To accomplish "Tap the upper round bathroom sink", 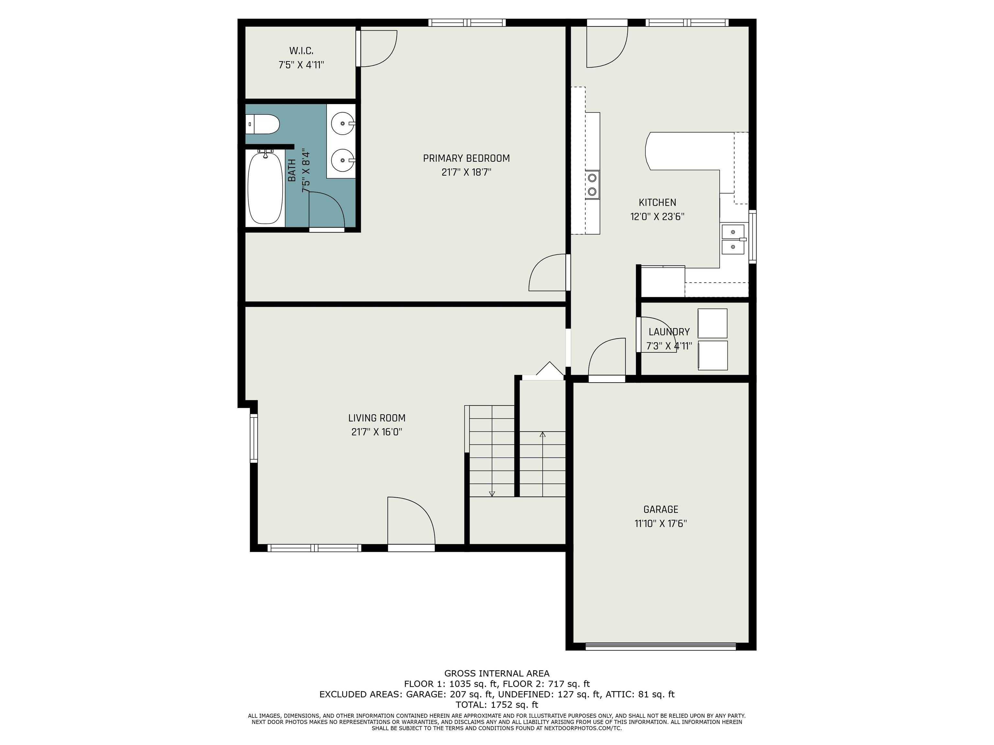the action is (x=342, y=123).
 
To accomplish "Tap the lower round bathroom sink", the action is (x=342, y=160).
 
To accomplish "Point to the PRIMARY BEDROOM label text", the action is (x=467, y=158).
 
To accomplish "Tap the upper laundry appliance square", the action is (x=712, y=323).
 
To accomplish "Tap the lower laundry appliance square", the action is (x=712, y=355).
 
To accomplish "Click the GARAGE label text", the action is (x=661, y=509).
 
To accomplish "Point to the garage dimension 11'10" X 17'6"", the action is (x=661, y=524).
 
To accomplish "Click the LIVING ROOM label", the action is (x=377, y=418).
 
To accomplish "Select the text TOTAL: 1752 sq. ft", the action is (x=497, y=705).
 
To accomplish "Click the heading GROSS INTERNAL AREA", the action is (x=497, y=673).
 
